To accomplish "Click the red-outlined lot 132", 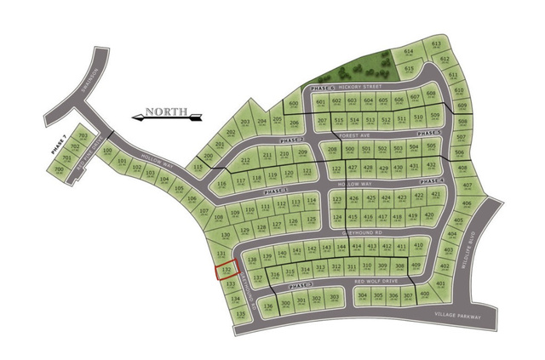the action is (x=227, y=271).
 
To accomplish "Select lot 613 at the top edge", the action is (x=436, y=45).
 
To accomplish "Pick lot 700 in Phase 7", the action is (x=59, y=169).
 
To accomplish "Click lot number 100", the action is (x=107, y=152).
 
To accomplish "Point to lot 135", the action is (x=241, y=314).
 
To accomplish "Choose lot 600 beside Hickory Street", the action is (x=294, y=105).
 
